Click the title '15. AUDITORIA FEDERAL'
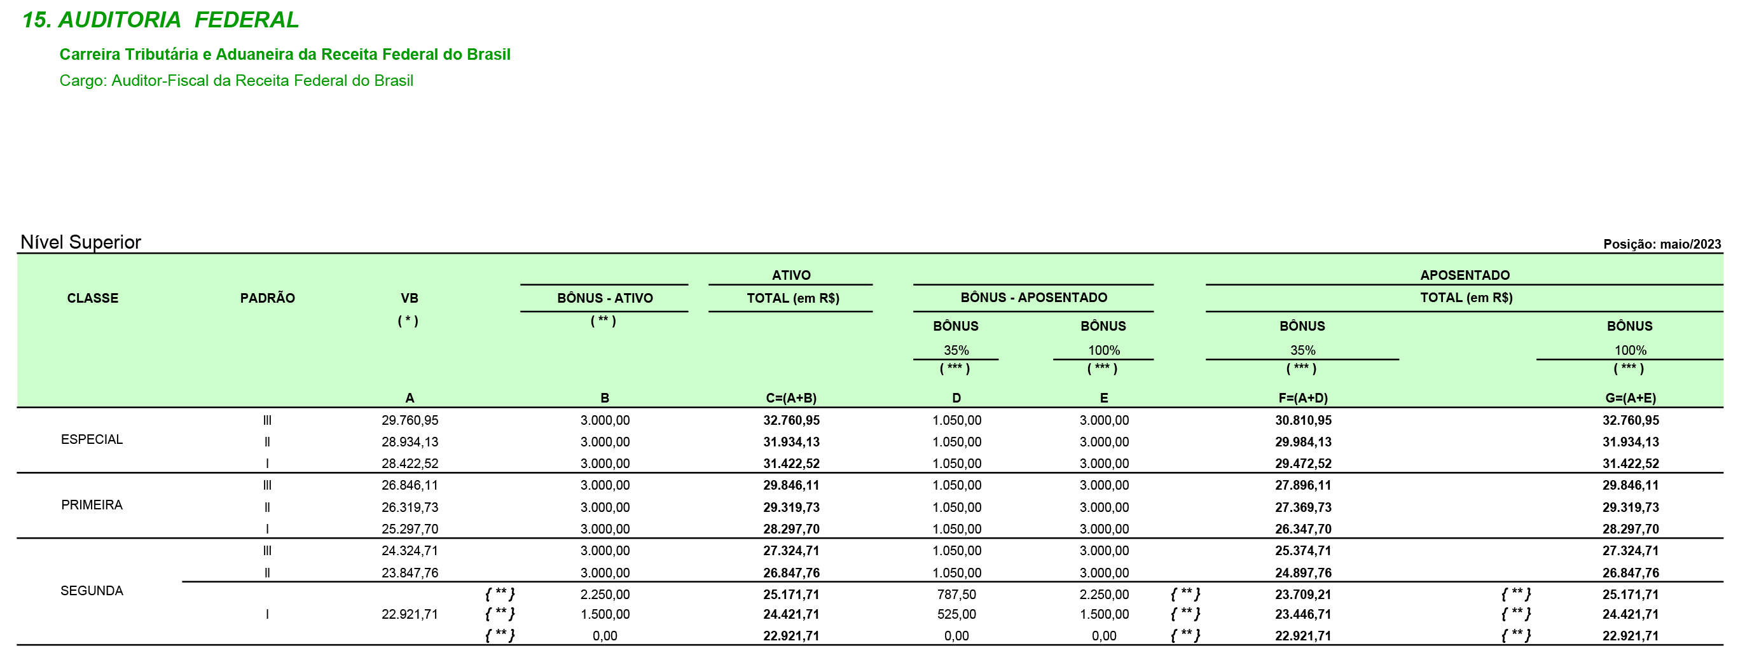click(160, 20)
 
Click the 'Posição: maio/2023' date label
click(1661, 244)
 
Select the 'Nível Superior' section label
click(81, 242)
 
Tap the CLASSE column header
click(93, 298)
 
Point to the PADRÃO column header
click(268, 298)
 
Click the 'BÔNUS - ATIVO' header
click(605, 298)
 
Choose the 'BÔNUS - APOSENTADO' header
click(1034, 297)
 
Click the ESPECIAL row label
click(92, 439)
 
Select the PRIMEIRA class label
click(92, 505)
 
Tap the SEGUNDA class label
click(92, 590)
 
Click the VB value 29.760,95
click(410, 420)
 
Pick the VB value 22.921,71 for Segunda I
click(410, 614)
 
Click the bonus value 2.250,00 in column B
click(605, 595)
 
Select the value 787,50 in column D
click(956, 595)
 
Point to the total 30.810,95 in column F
click(1303, 420)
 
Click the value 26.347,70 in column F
click(1303, 529)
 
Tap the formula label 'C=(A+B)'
click(791, 398)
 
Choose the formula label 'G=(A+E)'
click(1631, 398)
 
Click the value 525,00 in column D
click(956, 614)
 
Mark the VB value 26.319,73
click(410, 507)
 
